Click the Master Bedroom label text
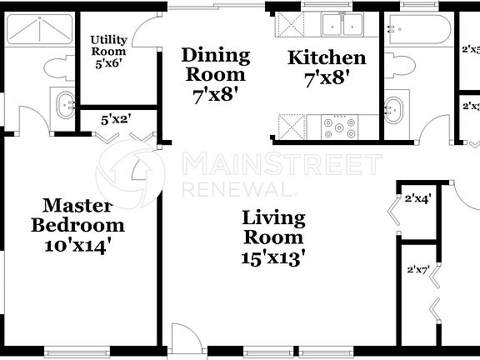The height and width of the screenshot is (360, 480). (77, 215)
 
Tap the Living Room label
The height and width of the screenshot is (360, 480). (273, 228)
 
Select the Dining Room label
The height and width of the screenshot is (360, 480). (216, 65)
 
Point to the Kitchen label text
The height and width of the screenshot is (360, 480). (327, 58)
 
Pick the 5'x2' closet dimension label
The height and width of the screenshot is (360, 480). (117, 119)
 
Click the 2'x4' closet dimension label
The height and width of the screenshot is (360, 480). (417, 199)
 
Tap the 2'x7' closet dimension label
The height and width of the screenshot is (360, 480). (417, 270)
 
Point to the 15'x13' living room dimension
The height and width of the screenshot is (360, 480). (273, 258)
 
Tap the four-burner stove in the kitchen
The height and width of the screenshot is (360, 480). (339, 128)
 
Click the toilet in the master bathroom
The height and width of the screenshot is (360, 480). (58, 68)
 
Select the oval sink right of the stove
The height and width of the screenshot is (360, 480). (395, 107)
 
